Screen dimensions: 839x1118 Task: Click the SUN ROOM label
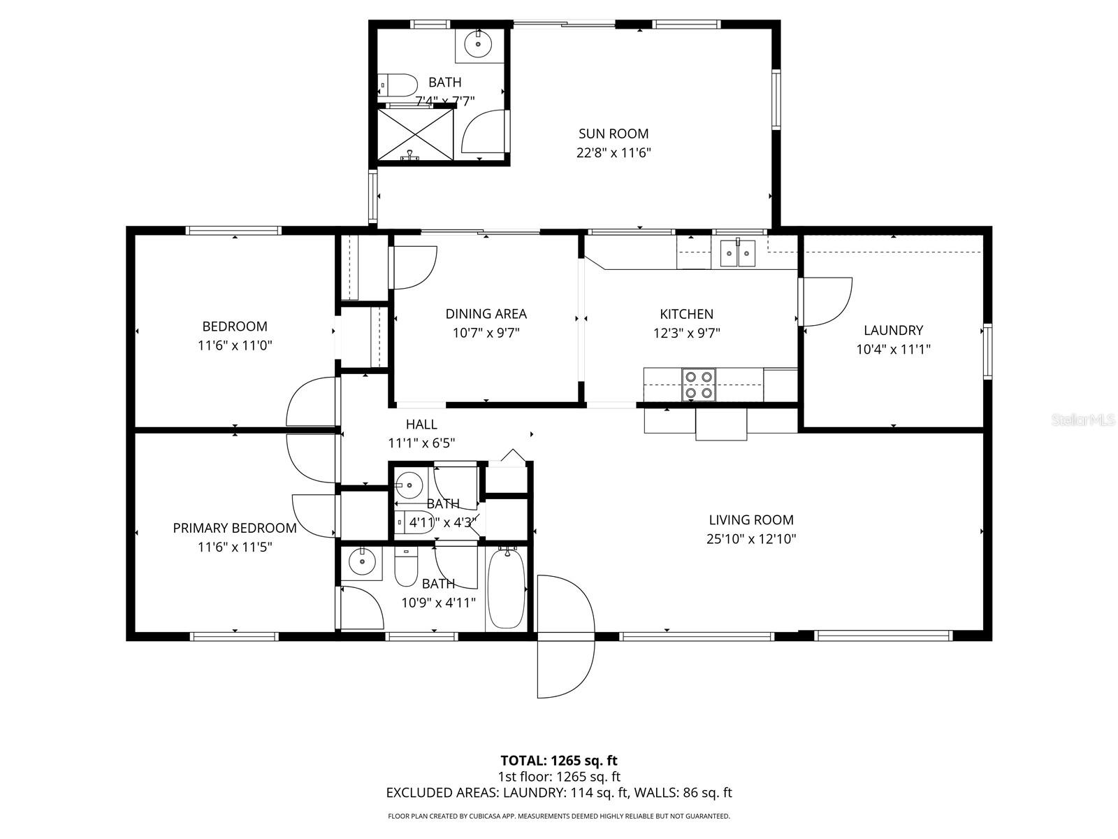tap(613, 134)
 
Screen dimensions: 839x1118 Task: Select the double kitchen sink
tap(738, 252)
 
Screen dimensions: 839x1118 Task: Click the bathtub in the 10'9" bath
tap(506, 589)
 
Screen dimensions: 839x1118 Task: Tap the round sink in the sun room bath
tap(479, 45)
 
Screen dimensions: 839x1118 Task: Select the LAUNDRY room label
tap(893, 330)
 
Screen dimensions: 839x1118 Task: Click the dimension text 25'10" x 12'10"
tap(751, 539)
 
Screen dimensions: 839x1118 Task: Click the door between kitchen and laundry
tap(826, 301)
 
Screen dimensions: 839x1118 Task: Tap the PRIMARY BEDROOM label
tap(235, 528)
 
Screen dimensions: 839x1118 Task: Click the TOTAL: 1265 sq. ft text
tap(558, 760)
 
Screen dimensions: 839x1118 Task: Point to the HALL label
tap(421, 424)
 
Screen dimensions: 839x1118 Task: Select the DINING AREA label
tap(486, 314)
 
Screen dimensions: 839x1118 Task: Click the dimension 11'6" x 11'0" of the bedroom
tap(235, 345)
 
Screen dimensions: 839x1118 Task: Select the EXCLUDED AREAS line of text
tap(558, 793)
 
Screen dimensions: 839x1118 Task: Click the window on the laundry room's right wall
tap(987, 351)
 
